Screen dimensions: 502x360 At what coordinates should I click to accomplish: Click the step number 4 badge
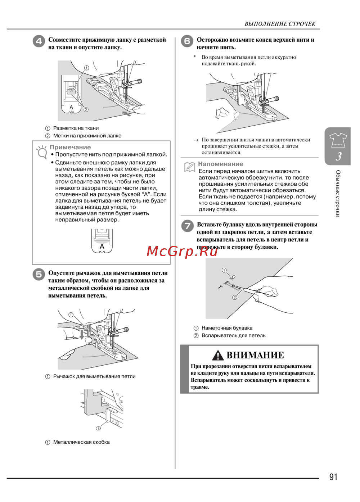[39, 41]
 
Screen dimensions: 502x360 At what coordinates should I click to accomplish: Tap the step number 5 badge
[39, 274]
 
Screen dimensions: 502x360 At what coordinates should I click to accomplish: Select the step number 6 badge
[187, 41]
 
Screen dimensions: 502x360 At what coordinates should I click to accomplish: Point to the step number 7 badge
[187, 226]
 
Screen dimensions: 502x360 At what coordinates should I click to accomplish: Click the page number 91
[333, 477]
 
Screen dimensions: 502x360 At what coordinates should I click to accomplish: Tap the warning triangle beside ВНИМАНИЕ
[218, 356]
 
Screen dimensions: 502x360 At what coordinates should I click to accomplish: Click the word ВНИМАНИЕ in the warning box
[255, 355]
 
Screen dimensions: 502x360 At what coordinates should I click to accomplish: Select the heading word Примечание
[70, 147]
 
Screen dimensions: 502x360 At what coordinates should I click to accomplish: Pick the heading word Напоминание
[221, 164]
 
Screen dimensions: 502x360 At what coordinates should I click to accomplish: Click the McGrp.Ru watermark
[182, 251]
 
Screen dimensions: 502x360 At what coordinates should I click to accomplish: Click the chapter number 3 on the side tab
[338, 157]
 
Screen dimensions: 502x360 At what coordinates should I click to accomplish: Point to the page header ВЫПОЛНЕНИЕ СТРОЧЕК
[280, 24]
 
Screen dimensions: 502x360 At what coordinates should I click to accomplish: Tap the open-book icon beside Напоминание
[189, 167]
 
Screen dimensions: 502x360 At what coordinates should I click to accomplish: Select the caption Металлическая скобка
[81, 442]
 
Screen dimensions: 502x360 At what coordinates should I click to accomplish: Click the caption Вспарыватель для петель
[233, 335]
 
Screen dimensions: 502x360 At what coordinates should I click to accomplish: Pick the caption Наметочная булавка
[227, 328]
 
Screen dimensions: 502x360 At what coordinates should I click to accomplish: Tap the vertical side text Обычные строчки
[338, 193]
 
